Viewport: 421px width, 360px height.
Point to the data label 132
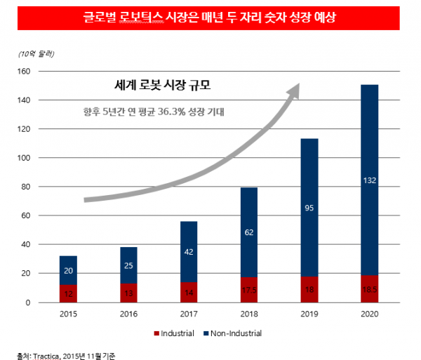pos(369,180)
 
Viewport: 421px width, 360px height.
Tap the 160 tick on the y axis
pos(43,72)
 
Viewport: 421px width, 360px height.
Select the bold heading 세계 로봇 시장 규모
pos(162,86)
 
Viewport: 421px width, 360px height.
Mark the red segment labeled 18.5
pos(369,289)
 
